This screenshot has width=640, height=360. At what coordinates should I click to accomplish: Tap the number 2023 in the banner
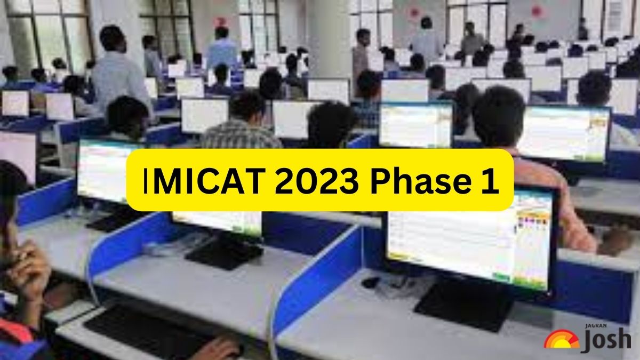coord(317,181)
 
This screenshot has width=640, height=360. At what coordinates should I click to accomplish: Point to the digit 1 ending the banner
coord(490,181)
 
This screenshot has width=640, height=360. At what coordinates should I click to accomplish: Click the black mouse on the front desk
coord(370,283)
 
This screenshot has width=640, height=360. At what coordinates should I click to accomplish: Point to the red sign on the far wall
coord(220,22)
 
